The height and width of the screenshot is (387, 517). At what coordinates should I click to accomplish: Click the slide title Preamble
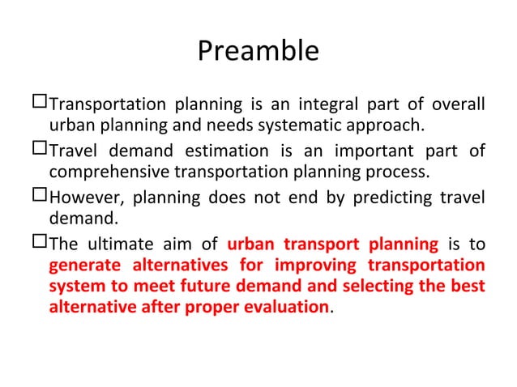point(258,51)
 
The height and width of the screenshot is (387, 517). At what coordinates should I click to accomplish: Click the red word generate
point(82,267)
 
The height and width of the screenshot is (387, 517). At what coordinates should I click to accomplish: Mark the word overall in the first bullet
point(459,104)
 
